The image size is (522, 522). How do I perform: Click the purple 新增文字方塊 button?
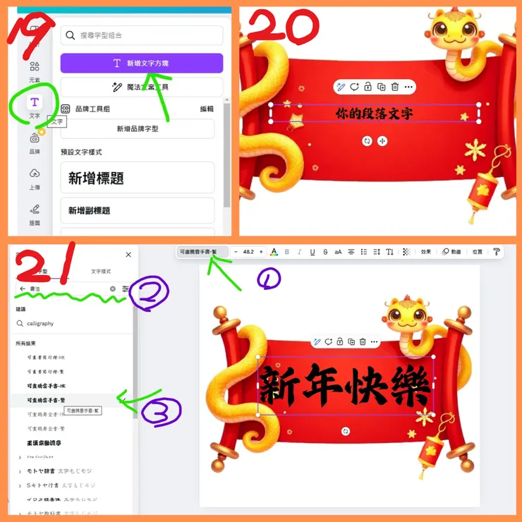point(142,63)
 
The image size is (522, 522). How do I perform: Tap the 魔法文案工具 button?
point(142,87)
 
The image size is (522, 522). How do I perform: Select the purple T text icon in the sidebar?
point(35,104)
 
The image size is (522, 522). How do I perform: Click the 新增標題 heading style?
point(138,178)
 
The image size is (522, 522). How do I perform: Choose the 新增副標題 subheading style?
point(138,210)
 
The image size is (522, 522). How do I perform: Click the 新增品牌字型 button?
point(138,129)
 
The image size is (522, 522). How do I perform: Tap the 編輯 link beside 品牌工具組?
point(207,109)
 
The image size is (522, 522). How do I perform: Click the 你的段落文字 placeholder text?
point(374,113)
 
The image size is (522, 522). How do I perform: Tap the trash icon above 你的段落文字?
point(395,87)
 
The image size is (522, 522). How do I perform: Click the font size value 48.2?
point(248,252)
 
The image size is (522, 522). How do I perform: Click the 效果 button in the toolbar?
point(425,252)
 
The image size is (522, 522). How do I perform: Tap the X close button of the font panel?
point(128,255)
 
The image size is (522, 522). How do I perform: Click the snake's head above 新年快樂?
point(406,315)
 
